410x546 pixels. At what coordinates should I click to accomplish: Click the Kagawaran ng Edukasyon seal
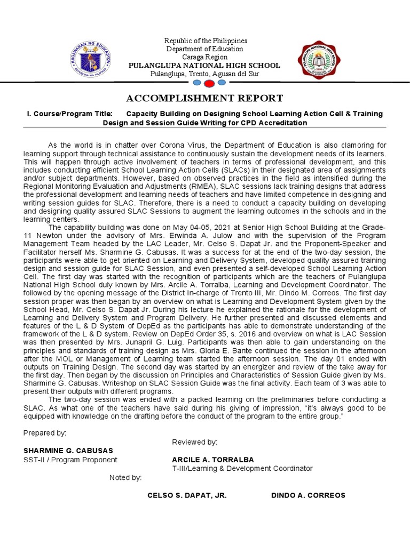(x=90, y=58)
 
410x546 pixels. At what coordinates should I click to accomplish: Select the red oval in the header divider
(x=209, y=84)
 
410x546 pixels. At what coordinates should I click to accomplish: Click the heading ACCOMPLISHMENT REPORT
(x=204, y=98)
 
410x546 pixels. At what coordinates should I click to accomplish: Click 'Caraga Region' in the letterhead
(x=204, y=57)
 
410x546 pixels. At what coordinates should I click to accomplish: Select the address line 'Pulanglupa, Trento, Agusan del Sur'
(x=204, y=74)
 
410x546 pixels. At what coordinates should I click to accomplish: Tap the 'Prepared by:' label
(x=45, y=433)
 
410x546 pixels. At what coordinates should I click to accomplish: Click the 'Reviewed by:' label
(x=194, y=442)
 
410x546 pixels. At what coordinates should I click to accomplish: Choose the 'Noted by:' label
(x=125, y=477)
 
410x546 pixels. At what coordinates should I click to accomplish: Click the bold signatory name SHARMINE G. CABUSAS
(x=69, y=451)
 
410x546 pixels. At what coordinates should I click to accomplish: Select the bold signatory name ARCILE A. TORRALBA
(x=213, y=460)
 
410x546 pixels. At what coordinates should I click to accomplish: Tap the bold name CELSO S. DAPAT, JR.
(x=187, y=495)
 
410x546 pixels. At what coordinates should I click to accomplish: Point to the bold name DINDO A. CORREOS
(x=308, y=495)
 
